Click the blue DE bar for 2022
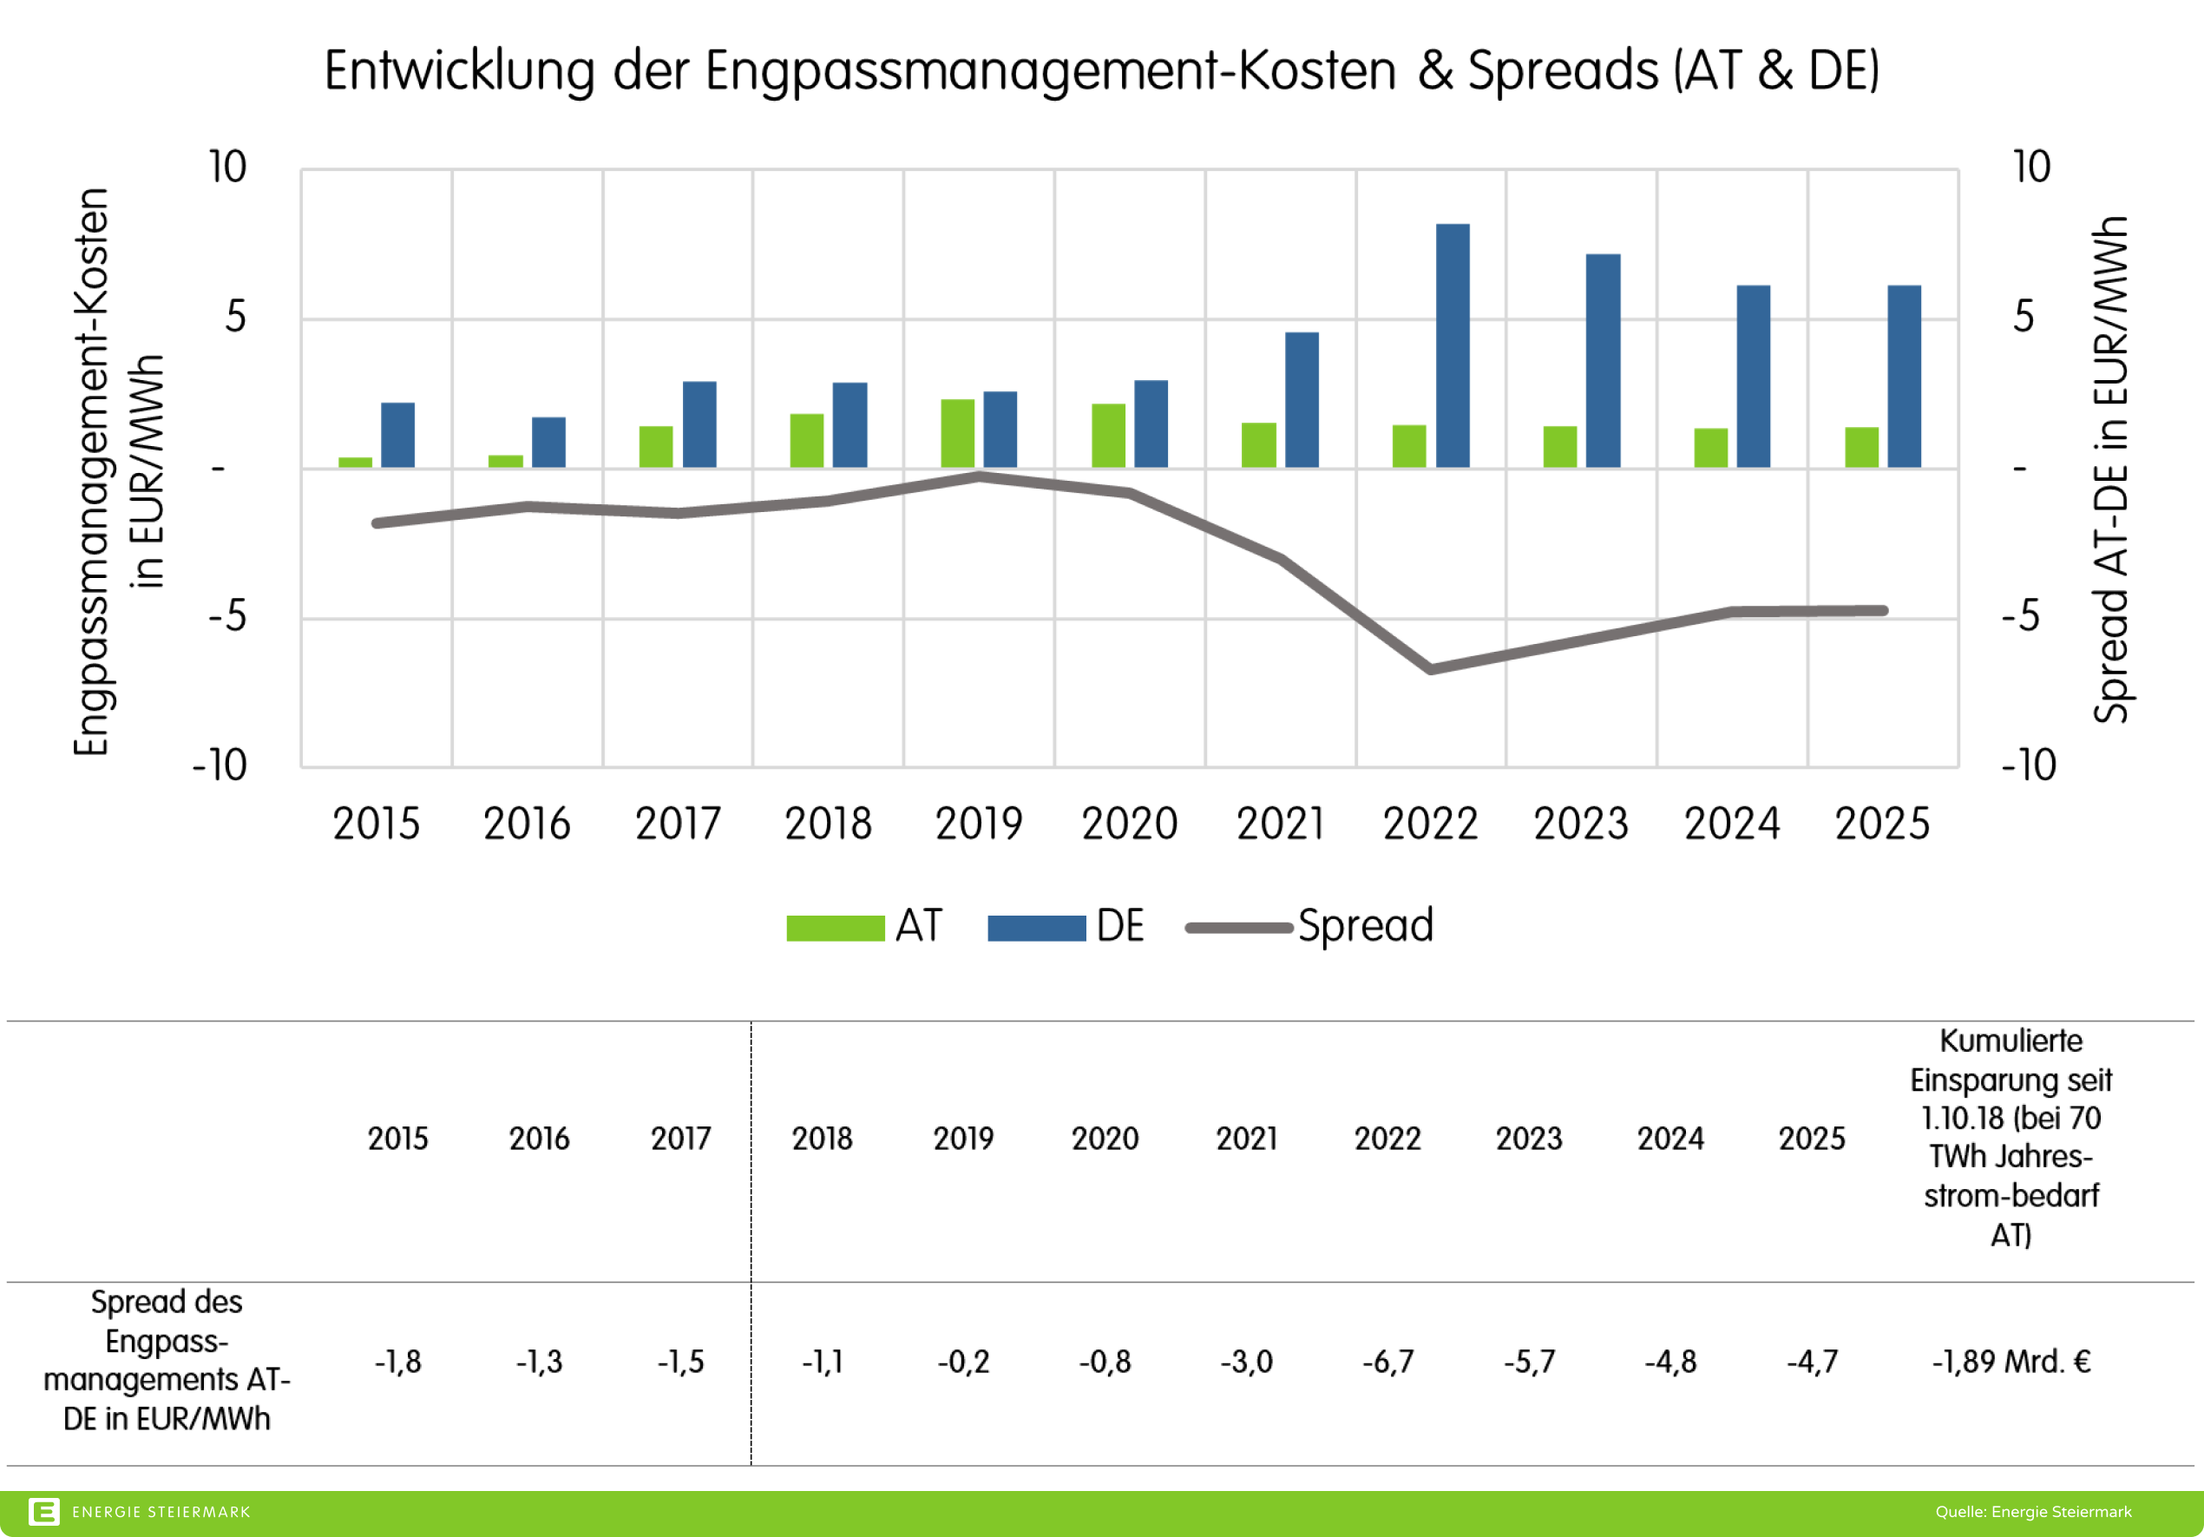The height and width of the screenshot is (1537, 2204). [1453, 345]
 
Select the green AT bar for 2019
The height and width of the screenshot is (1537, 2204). [957, 433]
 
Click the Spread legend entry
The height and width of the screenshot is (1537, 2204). [1364, 926]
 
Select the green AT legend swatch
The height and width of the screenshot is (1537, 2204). [835, 929]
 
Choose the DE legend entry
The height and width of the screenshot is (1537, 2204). [1119, 926]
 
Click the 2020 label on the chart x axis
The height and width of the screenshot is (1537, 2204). [1129, 824]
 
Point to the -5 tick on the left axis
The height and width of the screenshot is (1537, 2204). [227, 616]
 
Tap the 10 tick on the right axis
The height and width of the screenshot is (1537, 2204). [2031, 167]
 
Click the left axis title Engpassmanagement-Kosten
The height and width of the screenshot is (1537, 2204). [91, 472]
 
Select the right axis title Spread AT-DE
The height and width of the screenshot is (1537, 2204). [2110, 470]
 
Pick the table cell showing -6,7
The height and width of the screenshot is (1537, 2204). [1387, 1362]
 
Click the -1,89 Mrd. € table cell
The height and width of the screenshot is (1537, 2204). [2010, 1362]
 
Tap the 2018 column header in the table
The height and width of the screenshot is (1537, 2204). [822, 1139]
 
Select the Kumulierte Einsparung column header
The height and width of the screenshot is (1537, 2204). [2010, 1138]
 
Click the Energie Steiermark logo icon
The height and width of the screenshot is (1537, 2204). [44, 1512]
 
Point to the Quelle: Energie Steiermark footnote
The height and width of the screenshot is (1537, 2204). [2032, 1512]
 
